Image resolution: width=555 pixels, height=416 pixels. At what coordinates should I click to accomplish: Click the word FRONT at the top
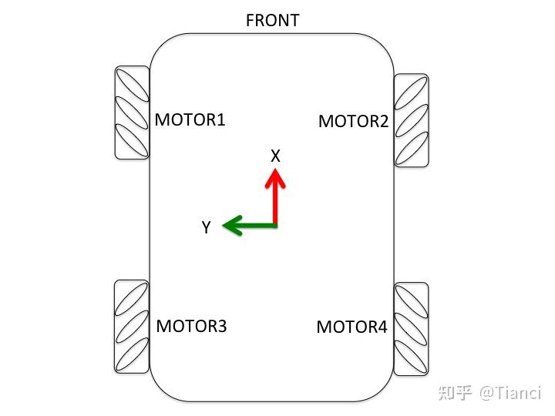[272, 21]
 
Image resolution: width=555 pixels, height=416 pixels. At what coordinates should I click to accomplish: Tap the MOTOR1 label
[190, 120]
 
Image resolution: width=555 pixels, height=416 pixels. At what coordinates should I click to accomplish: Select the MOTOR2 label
[353, 122]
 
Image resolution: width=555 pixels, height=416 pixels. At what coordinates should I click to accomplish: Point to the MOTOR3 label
[191, 326]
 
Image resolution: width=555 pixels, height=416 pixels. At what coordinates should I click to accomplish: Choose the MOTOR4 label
[351, 327]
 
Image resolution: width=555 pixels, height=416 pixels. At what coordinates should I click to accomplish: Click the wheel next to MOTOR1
[132, 112]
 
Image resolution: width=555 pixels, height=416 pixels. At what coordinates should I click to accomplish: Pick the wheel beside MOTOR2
[411, 119]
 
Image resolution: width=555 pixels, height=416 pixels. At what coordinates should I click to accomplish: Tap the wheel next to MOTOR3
[131, 327]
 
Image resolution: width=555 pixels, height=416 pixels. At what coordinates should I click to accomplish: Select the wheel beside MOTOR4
[411, 329]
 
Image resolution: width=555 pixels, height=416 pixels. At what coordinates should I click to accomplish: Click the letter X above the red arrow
[275, 156]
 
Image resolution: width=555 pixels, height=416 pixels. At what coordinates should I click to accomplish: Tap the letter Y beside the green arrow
[206, 227]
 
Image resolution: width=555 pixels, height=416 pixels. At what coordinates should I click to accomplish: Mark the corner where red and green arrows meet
[275, 225]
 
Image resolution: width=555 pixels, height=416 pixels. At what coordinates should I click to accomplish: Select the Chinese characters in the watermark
[454, 394]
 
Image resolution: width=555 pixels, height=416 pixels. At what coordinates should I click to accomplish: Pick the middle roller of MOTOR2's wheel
[411, 119]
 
